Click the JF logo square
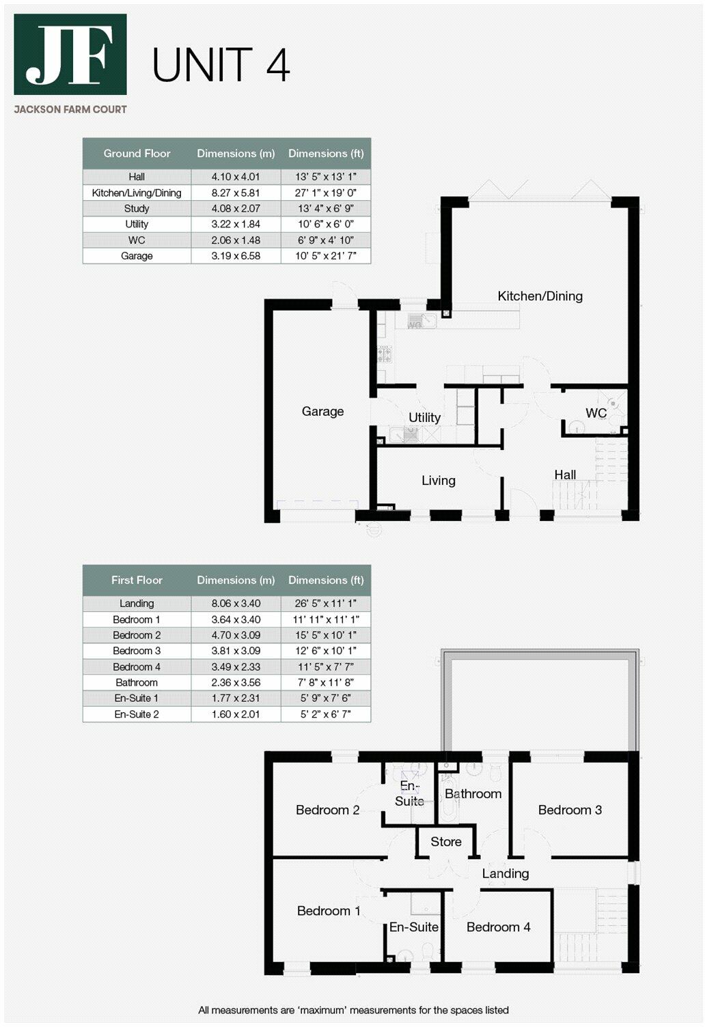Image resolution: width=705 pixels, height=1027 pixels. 70,55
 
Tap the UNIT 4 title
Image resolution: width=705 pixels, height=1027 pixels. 221,66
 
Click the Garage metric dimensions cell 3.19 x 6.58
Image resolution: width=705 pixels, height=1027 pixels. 236,256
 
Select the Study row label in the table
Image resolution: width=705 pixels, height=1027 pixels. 137,208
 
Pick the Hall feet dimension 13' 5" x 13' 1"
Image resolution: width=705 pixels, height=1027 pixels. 326,177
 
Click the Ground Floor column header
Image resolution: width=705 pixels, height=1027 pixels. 137,154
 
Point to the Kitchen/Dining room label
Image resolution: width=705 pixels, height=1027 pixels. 540,296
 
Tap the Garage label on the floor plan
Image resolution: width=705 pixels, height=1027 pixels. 322,412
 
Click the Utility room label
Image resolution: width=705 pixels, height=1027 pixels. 424,417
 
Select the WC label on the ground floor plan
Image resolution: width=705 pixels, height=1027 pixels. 596,413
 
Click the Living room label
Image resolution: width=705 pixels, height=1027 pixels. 438,481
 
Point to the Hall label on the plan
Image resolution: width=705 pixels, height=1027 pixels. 565,475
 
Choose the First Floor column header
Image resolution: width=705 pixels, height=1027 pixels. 137,580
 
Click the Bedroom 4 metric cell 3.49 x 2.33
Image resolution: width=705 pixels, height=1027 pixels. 236,667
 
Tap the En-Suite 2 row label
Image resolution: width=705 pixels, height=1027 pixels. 137,714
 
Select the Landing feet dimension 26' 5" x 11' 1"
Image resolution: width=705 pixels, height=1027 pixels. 326,604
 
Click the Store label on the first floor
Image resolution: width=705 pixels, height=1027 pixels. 445,842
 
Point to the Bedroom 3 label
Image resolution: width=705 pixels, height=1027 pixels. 570,811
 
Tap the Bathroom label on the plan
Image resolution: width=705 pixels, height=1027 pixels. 473,794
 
